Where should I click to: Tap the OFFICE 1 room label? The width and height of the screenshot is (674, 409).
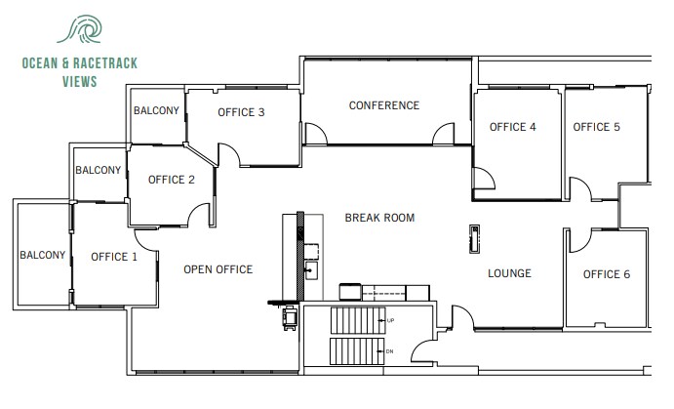coord(113,258)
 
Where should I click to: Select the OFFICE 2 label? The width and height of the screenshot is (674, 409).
coord(172,180)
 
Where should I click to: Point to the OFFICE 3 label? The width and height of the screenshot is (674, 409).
coord(241,113)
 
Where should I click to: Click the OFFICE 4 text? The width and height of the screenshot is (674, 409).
coord(512,127)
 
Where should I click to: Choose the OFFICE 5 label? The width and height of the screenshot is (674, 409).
coord(596,127)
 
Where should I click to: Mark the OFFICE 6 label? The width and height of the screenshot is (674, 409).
coord(607,274)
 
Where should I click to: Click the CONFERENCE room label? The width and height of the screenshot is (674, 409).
coord(384,105)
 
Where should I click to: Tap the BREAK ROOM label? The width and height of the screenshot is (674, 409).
coord(379,218)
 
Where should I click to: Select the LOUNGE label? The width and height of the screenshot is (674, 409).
coord(509,273)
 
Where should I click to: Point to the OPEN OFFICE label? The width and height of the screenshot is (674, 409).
coord(218,269)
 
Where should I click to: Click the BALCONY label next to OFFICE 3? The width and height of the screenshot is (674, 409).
coord(156,111)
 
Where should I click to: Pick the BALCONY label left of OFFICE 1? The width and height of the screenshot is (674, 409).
coord(42,256)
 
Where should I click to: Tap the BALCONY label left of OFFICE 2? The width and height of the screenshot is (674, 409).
coord(99,170)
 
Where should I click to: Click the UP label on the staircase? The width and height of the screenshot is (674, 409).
coord(391,320)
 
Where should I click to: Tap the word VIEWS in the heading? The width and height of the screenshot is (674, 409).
coord(77,83)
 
